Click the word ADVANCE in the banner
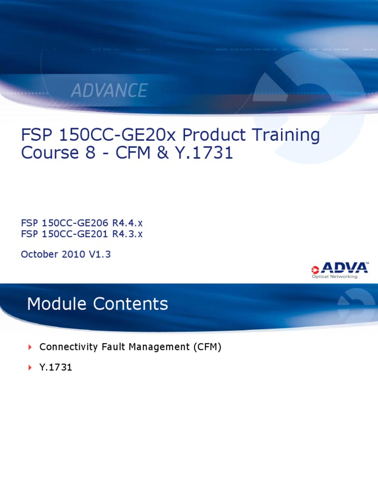[x=109, y=91]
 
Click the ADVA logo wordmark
[x=344, y=268]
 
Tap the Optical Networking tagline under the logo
[x=335, y=277]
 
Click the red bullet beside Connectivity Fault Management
[x=30, y=347]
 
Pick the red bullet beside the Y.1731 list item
[x=30, y=368]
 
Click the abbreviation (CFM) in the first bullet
[x=207, y=347]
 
